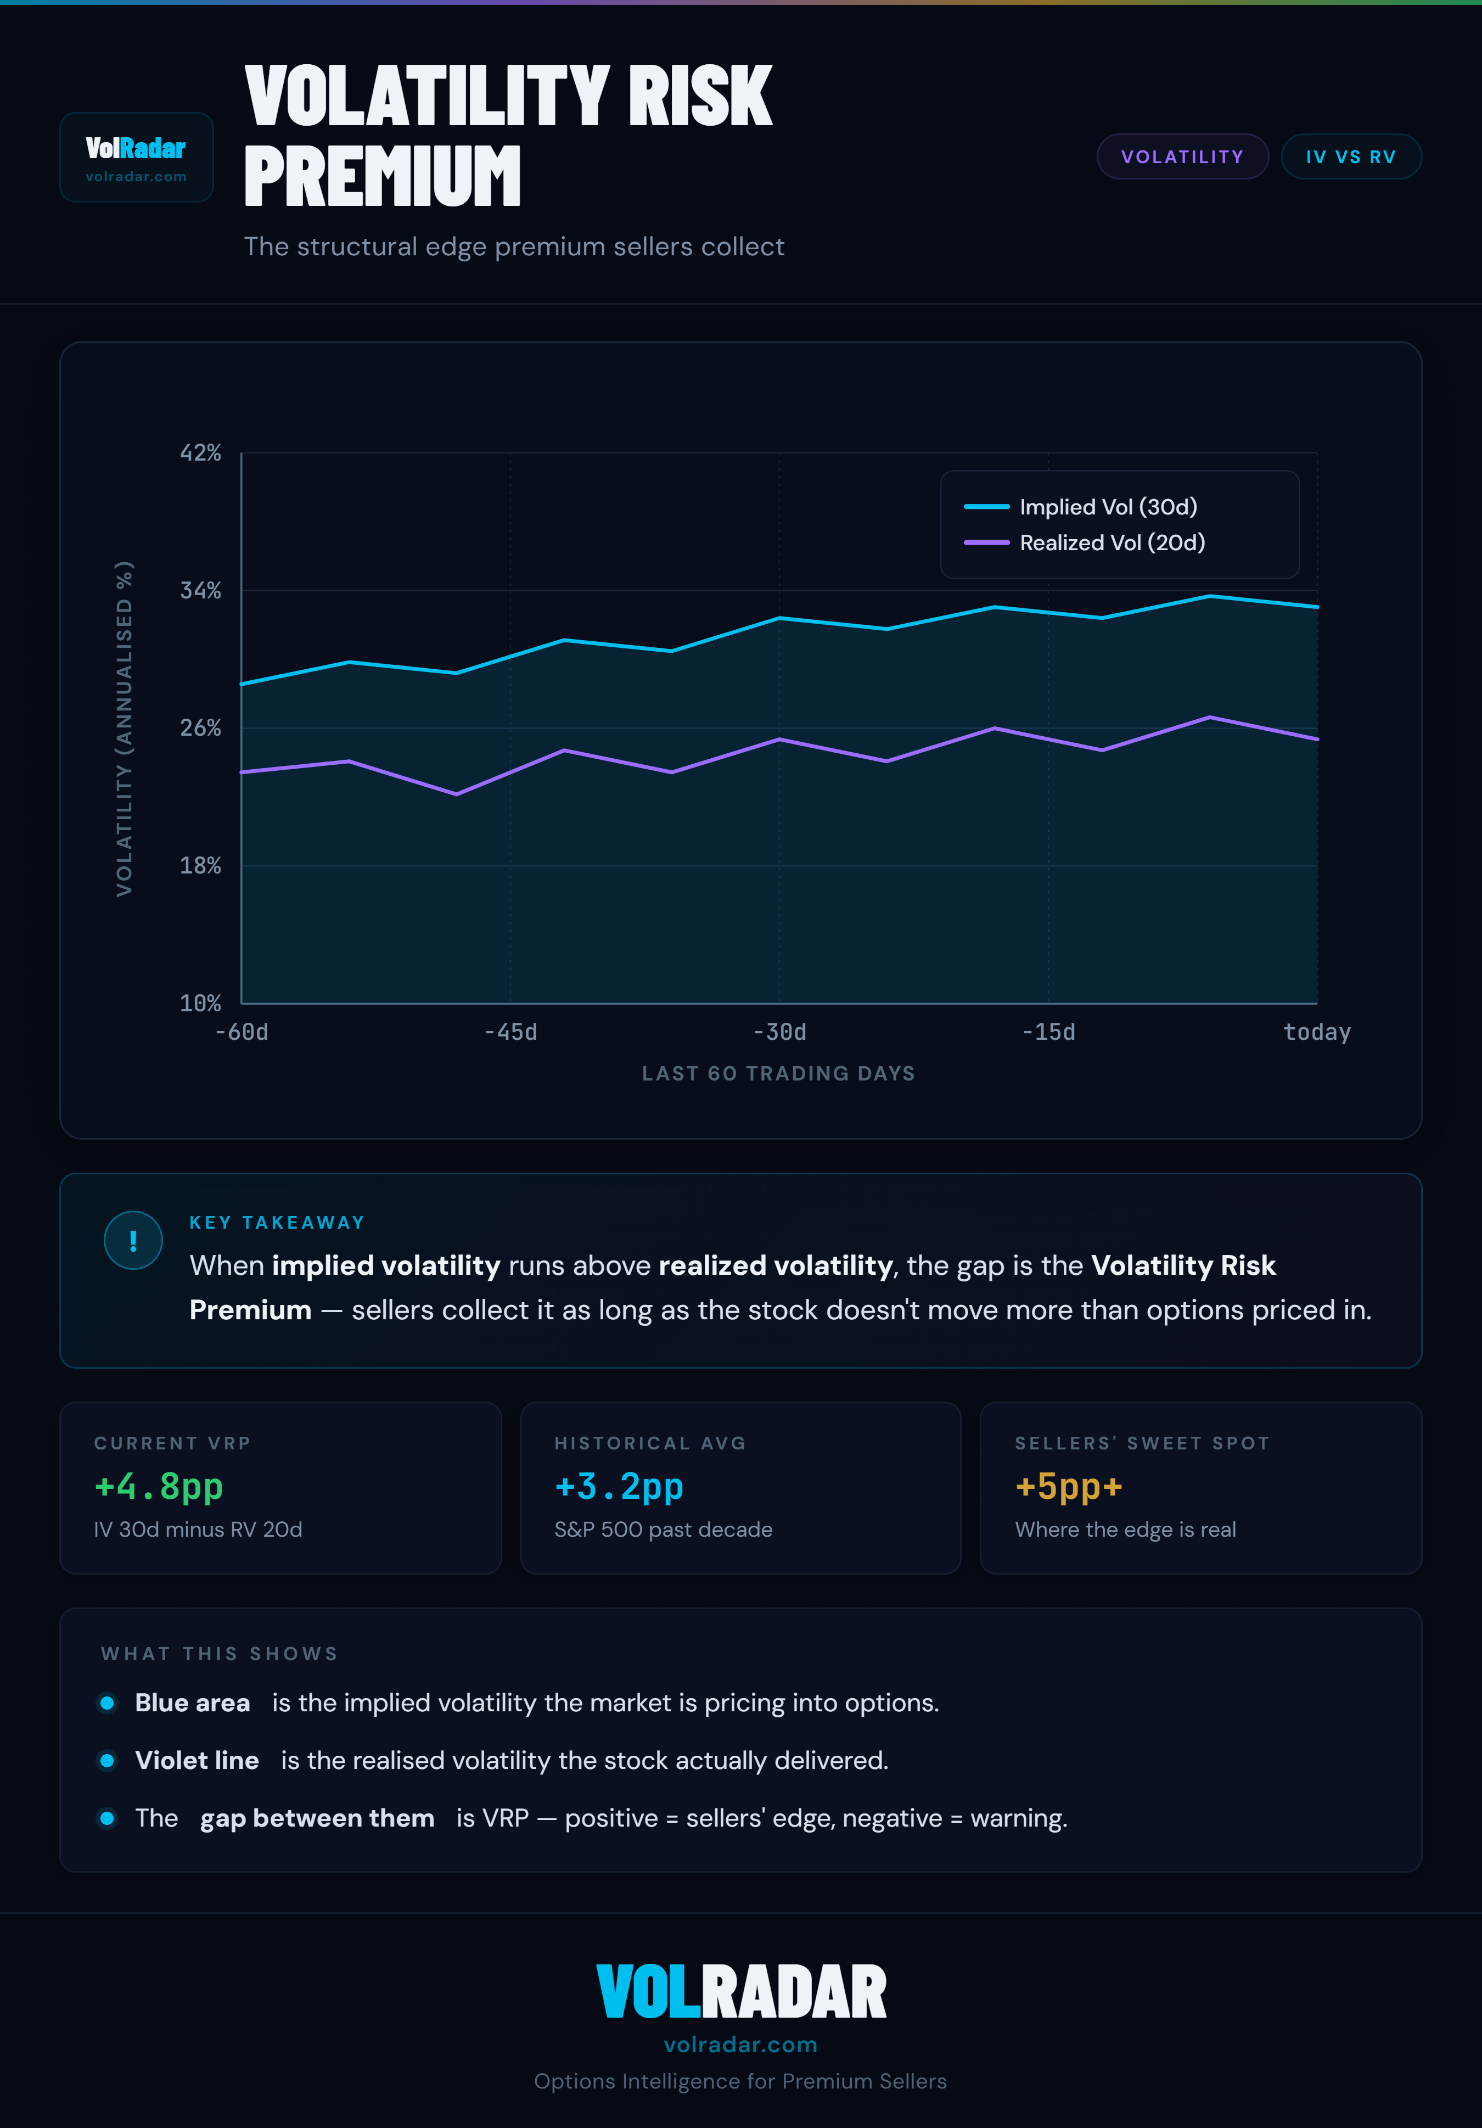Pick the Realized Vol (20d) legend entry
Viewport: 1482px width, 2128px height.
pos(1111,543)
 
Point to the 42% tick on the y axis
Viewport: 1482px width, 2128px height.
pos(200,453)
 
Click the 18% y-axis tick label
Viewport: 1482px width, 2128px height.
pos(200,866)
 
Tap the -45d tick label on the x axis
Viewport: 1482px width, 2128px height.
pos(510,1033)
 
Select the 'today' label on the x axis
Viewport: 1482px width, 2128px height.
pos(1316,1033)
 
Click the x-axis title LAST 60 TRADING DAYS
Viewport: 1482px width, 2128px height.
pos(778,1073)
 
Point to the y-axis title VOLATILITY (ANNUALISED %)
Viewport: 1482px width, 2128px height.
pos(124,729)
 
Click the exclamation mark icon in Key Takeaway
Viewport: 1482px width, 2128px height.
pos(133,1240)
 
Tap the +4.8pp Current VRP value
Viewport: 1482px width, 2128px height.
pos(159,1487)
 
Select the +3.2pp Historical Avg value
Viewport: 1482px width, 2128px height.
pos(619,1487)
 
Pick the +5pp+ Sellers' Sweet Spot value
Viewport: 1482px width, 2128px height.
pos(1069,1487)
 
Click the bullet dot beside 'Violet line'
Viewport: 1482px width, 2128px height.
pos(108,1760)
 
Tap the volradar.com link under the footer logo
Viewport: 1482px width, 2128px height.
pos(740,2045)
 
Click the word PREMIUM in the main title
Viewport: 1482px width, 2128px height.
pos(383,176)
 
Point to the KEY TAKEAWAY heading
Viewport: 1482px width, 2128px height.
pos(277,1223)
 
